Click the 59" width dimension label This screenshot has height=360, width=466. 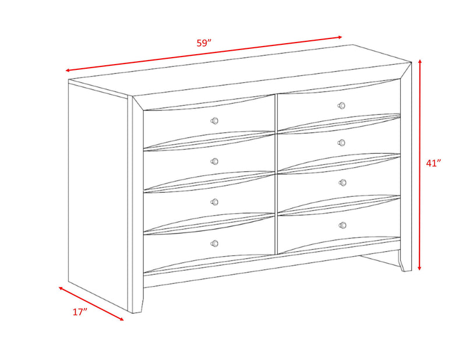point(203,43)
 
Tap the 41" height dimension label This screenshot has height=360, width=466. point(433,163)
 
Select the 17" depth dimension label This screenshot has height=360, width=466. point(80,312)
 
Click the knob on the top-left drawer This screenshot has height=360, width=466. point(214,121)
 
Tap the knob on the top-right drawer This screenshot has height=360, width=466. point(342,105)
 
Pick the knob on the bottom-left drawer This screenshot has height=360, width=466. point(214,243)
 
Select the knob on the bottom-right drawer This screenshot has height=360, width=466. point(343,225)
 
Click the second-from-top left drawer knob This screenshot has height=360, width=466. point(214,161)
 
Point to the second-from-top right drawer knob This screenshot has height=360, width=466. point(342,143)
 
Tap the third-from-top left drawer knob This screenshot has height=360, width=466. point(214,202)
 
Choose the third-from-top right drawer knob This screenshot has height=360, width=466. point(343,183)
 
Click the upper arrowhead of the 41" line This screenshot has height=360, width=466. point(420,60)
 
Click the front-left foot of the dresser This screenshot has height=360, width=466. point(137,306)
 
